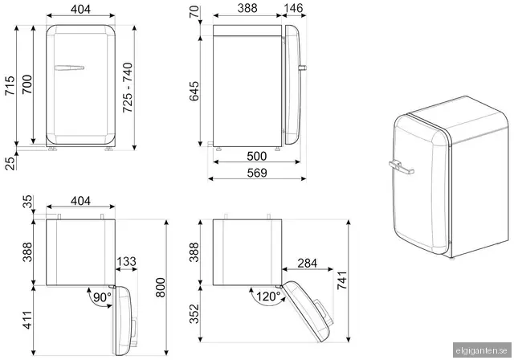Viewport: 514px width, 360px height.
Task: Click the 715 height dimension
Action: (10, 85)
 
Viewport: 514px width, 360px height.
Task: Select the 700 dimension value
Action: (27, 84)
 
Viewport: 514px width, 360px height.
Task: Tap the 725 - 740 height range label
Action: (128, 88)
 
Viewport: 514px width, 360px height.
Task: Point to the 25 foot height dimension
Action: (10, 164)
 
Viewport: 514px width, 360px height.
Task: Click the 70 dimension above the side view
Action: (194, 12)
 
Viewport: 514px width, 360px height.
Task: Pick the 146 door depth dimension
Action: (293, 8)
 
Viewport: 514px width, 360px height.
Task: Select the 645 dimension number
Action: (194, 91)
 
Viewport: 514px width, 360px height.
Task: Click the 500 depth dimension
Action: (257, 156)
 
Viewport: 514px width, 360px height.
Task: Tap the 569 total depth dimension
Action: (257, 173)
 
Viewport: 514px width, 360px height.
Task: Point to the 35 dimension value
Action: (28, 202)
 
